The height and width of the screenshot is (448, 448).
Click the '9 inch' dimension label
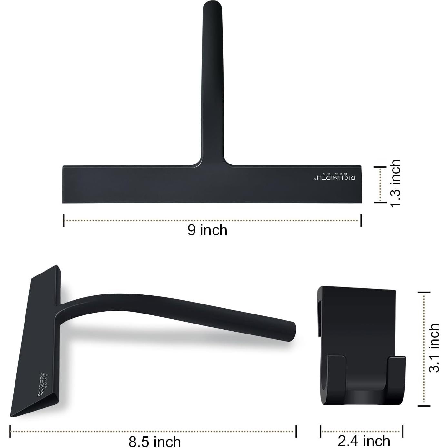207,230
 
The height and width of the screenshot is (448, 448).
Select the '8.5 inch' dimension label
154,441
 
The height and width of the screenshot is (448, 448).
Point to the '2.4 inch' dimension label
364,441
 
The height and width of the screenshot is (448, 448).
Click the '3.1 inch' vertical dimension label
434,348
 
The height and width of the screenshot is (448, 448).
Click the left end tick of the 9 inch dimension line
64,220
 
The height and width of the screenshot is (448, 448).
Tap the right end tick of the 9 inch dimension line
361,220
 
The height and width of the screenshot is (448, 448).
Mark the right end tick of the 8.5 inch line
296,431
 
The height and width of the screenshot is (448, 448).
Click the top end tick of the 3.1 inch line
424,292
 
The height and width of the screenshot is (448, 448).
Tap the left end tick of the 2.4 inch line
321,431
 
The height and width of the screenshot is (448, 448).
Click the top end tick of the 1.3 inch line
380,167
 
